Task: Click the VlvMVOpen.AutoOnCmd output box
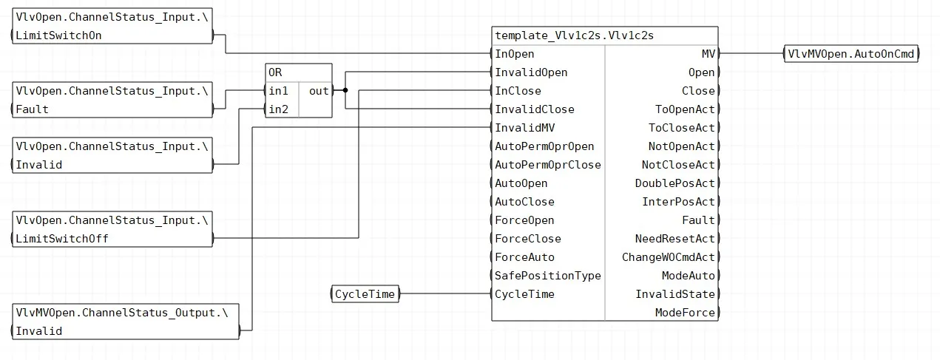tap(851, 54)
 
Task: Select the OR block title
tap(275, 72)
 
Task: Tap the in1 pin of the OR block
tap(278, 91)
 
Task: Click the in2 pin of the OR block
tap(278, 109)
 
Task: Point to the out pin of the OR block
tap(319, 91)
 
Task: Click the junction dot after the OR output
tap(345, 90)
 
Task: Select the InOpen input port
tap(515, 54)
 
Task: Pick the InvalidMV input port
tap(524, 128)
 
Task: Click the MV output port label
tap(709, 54)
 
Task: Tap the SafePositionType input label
tap(547, 276)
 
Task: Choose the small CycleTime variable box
tap(365, 294)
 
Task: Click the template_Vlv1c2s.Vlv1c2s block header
tap(605, 35)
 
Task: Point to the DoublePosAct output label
tap(674, 183)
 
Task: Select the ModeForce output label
tap(685, 313)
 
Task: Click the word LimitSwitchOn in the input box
tap(58, 35)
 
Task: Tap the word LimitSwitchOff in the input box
tap(62, 239)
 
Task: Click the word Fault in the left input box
tap(32, 109)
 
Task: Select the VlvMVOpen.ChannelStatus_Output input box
tap(126, 322)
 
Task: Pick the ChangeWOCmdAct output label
tap(668, 257)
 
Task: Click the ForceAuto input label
tap(524, 257)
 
